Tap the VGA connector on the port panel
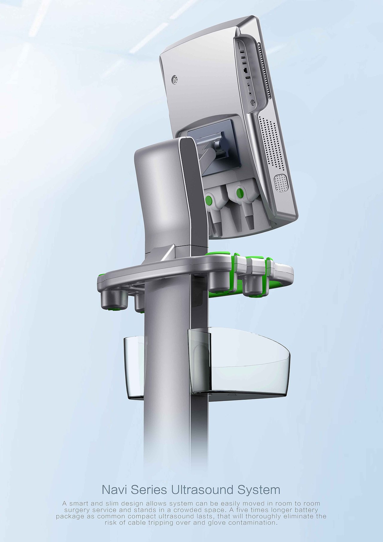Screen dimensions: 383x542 coord(249,89)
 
